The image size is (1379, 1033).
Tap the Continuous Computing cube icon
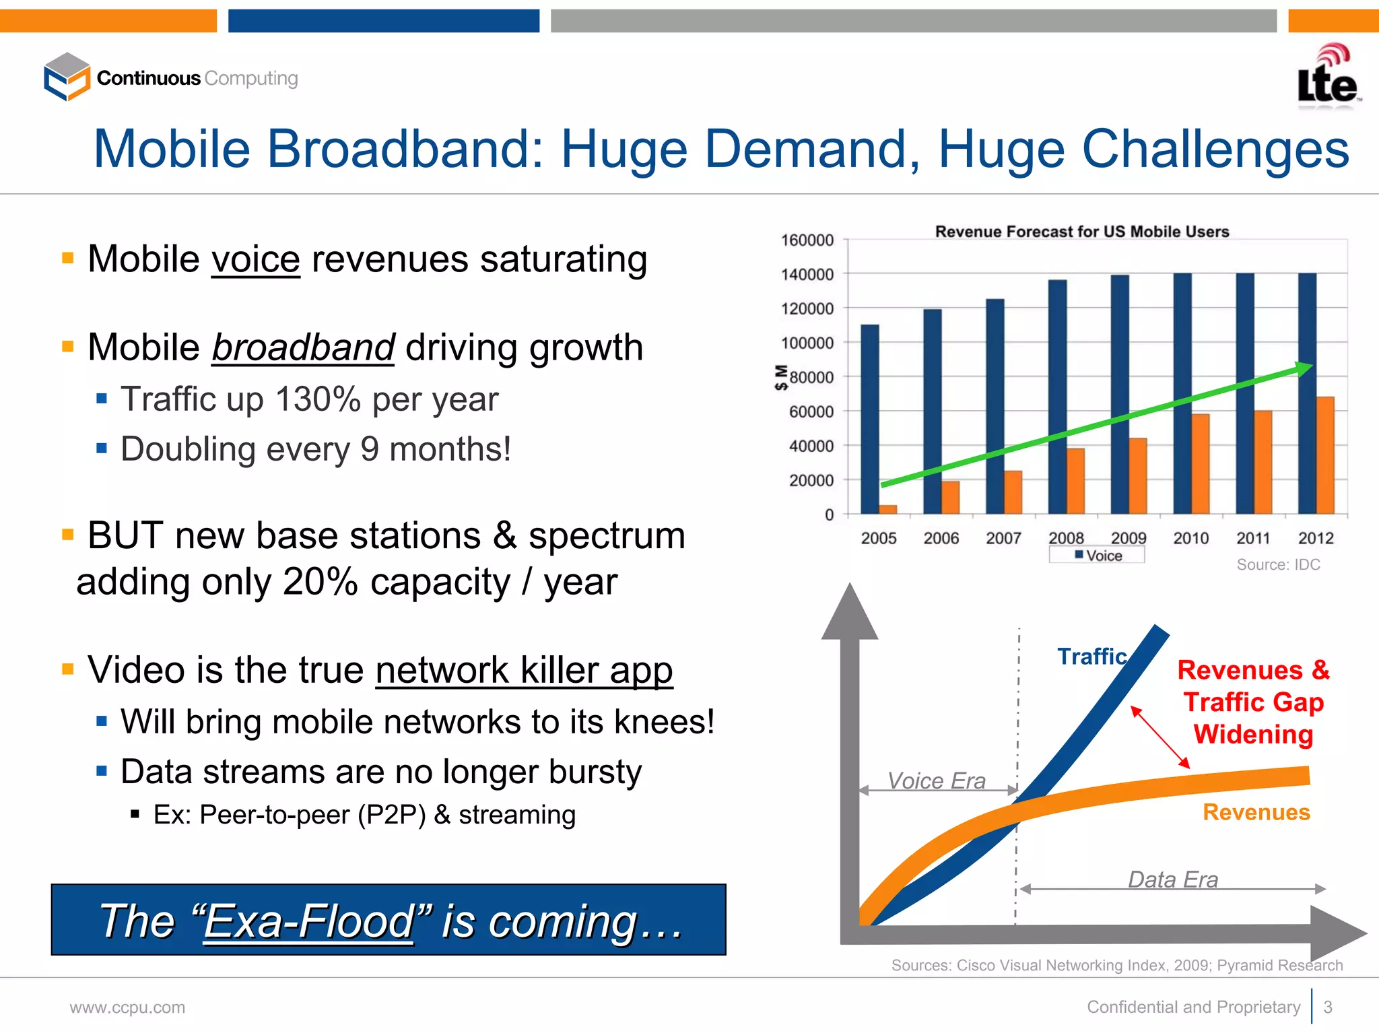click(67, 77)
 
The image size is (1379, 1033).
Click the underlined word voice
click(255, 259)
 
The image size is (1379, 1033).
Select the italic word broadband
click(303, 347)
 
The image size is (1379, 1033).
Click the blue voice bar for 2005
click(869, 418)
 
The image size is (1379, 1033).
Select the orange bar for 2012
click(1324, 455)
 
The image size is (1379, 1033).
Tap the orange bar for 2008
click(1075, 481)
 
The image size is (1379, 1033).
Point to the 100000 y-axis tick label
click(807, 343)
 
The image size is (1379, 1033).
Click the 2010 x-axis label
click(1190, 538)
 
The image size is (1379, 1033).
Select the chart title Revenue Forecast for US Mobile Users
click(1081, 232)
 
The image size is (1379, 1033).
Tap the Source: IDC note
click(1277, 565)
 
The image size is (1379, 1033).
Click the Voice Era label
click(936, 780)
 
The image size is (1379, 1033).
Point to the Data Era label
click(1172, 879)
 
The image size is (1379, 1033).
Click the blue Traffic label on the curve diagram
click(1091, 656)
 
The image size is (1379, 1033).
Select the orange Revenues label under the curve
click(1256, 812)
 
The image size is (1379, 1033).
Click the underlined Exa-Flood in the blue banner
click(308, 921)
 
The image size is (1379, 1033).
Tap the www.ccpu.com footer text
click(127, 1007)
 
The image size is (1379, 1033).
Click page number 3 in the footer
click(1327, 1007)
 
